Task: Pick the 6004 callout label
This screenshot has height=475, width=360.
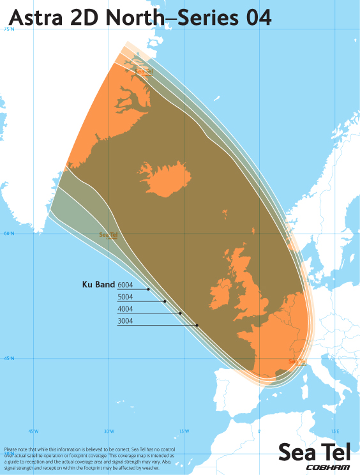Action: click(x=125, y=285)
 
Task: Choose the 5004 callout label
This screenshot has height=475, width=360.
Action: click(x=125, y=297)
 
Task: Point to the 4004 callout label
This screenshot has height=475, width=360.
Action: click(x=125, y=309)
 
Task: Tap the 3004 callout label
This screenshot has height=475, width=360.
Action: click(x=125, y=321)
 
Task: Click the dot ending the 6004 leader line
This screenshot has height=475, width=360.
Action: click(x=148, y=289)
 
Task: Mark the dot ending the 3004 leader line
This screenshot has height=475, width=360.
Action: click(x=197, y=326)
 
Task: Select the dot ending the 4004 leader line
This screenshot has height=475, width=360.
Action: click(x=181, y=313)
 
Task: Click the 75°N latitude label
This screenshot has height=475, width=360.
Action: click(x=8, y=29)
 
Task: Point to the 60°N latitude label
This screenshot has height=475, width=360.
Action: click(x=8, y=234)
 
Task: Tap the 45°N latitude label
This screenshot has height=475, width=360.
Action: click(x=8, y=359)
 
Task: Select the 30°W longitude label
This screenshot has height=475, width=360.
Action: click(x=109, y=431)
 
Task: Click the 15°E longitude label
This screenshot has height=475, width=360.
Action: click(x=334, y=431)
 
